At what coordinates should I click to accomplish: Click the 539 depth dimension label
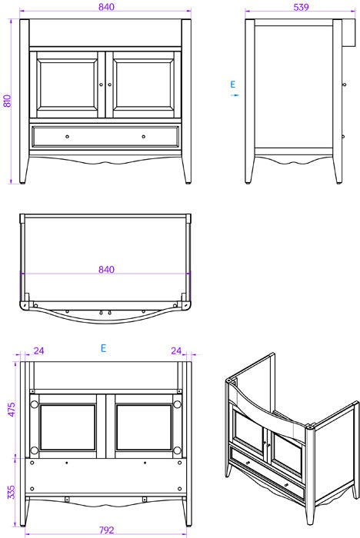301,6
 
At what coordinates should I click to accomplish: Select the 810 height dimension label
7,101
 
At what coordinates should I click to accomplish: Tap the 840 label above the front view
106,6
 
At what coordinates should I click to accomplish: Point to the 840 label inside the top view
106,269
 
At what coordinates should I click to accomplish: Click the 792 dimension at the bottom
106,530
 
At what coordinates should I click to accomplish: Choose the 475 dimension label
12,410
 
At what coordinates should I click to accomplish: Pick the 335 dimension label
12,492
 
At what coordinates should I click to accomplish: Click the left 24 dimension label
38,350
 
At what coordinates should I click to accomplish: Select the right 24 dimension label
176,350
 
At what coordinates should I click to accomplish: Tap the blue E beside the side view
233,85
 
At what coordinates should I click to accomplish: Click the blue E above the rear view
103,348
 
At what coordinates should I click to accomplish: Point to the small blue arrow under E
235,95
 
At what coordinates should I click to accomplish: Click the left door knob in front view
102,85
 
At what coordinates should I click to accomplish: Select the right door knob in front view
109,85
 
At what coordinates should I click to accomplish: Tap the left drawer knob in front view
68,137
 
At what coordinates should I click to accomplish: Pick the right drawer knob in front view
144,137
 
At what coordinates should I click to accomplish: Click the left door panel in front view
68,85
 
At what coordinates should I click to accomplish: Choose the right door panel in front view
144,85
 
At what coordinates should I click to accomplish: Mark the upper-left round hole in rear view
34,404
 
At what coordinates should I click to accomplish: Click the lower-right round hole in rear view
177,450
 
